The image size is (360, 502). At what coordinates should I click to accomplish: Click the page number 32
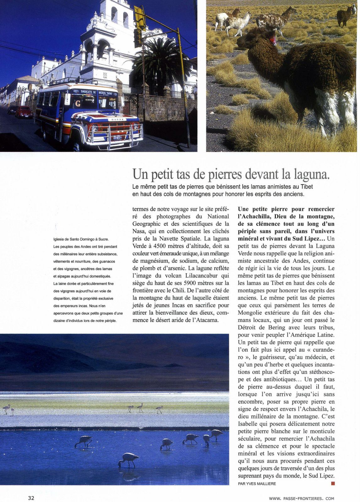pos(31,498)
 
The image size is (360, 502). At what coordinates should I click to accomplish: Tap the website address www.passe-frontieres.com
pos(301,498)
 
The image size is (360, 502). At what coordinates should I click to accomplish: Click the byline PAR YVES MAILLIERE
pos(257,483)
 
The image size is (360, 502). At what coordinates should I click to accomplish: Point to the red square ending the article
pos(333,483)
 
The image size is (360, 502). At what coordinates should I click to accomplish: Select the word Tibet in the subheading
pos(307,187)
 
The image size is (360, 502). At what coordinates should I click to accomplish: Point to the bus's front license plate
pos(117,137)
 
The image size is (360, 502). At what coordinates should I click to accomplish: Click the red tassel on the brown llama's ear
pos(274,40)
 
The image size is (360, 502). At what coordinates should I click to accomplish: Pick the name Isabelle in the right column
pos(248,424)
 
